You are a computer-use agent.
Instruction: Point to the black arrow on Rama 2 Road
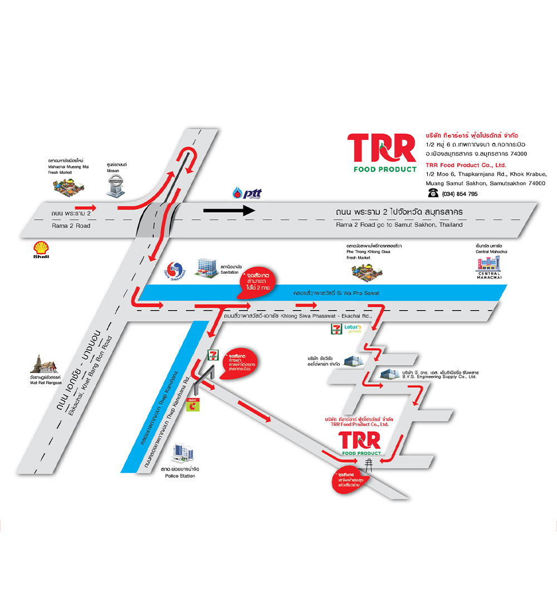pos(228,211)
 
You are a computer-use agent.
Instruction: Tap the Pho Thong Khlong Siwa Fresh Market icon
pos(366,270)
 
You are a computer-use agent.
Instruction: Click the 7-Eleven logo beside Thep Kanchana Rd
pos(212,355)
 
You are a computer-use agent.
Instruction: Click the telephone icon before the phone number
pos(432,193)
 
